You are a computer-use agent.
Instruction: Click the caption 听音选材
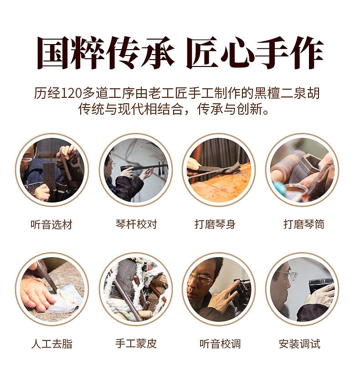51,225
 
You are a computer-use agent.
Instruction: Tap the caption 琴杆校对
136,224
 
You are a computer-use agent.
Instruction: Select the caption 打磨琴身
215,224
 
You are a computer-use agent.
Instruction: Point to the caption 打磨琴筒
304,224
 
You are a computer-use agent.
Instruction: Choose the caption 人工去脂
52,344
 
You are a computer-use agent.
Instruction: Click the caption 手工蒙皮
136,344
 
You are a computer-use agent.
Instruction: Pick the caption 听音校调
220,344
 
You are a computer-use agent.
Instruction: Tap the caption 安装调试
300,344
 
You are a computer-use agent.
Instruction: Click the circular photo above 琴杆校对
136,170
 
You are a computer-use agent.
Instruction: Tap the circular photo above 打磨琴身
219,170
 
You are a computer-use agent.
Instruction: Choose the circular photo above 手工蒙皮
136,289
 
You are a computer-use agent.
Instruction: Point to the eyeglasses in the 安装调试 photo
288,275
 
